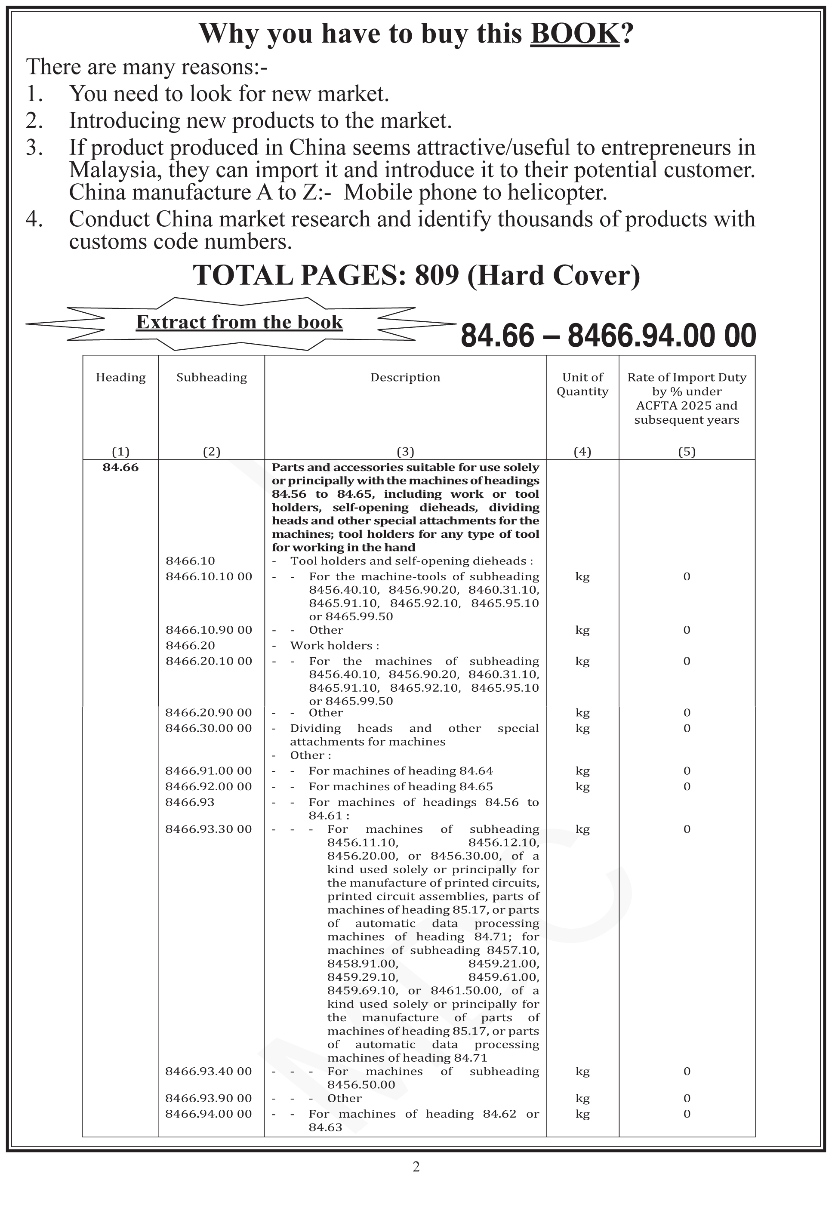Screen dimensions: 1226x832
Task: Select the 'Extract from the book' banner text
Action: pos(239,322)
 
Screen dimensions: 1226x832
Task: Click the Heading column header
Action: pos(121,377)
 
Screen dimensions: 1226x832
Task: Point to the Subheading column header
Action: pos(212,377)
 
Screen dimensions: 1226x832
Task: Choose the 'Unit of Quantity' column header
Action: pos(582,384)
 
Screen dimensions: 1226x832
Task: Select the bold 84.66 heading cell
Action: pos(121,468)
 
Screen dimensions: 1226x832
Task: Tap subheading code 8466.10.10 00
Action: pos(209,576)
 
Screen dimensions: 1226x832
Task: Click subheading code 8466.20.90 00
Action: pos(209,712)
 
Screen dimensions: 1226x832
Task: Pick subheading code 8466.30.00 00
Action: pos(209,728)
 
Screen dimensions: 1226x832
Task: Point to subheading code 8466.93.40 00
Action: pos(209,1071)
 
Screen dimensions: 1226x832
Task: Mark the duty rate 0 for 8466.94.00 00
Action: pos(687,1114)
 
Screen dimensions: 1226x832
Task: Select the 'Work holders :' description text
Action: pos(335,645)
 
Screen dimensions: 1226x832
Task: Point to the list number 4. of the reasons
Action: pos(34,219)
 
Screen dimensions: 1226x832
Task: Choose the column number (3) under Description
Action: pos(405,452)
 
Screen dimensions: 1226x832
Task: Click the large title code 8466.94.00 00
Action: pos(662,336)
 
